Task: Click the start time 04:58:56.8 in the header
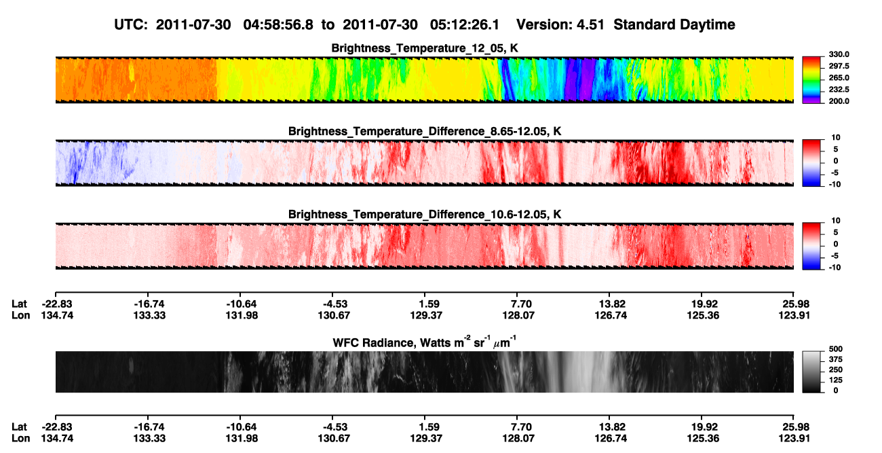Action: (x=278, y=24)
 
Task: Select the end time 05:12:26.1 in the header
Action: (x=465, y=24)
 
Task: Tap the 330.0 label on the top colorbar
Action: (x=839, y=54)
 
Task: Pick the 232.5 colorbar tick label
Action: (x=839, y=90)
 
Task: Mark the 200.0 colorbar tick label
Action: (x=839, y=101)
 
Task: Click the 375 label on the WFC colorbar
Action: (x=835, y=359)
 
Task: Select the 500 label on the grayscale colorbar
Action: (x=835, y=349)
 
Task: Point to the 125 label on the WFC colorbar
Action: (x=835, y=380)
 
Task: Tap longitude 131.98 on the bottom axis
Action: (x=242, y=439)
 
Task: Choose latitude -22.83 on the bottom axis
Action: (x=57, y=427)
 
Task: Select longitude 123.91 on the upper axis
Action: (x=794, y=315)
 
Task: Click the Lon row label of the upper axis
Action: (x=21, y=315)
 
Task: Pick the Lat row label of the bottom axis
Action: (x=19, y=427)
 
